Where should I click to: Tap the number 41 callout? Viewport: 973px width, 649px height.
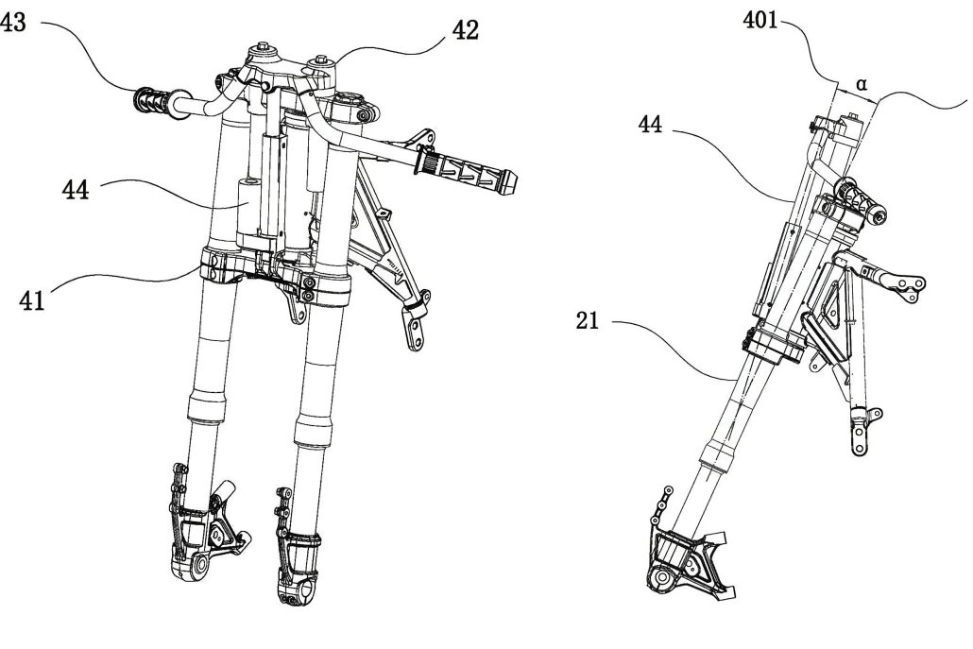tap(32, 302)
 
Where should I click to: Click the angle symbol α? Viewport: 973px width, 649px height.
tap(861, 83)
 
